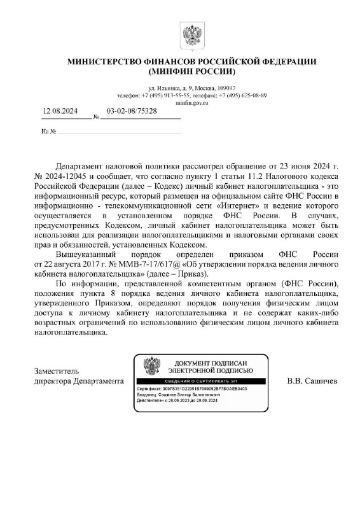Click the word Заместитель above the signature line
tap(55, 370)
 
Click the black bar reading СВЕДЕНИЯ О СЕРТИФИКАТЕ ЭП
tap(204, 380)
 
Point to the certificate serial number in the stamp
tap(206, 387)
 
